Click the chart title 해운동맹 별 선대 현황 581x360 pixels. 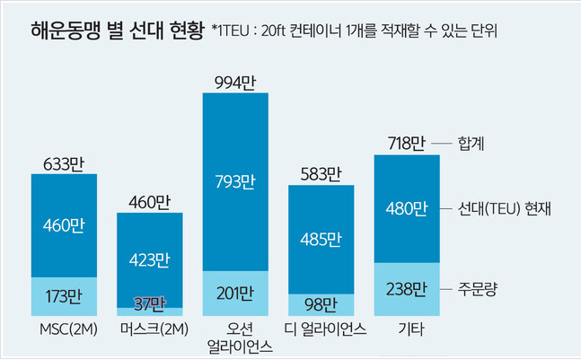[x=114, y=29]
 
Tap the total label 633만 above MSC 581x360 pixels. [x=64, y=163]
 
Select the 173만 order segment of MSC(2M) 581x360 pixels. [x=64, y=294]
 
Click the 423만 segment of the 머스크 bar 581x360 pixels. [x=150, y=260]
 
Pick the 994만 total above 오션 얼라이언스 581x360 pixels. [x=235, y=83]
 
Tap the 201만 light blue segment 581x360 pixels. [x=235, y=293]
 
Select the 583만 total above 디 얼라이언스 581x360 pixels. [x=321, y=173]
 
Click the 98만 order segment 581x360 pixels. [x=321, y=303]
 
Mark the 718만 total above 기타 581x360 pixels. [x=406, y=144]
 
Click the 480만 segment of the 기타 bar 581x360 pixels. [x=406, y=208]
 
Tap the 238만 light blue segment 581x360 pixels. [x=406, y=289]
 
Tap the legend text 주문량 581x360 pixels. [x=478, y=288]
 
